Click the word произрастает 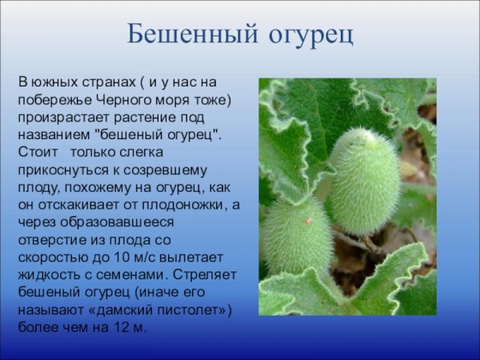click(59, 117)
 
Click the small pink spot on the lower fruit click(308, 221)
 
